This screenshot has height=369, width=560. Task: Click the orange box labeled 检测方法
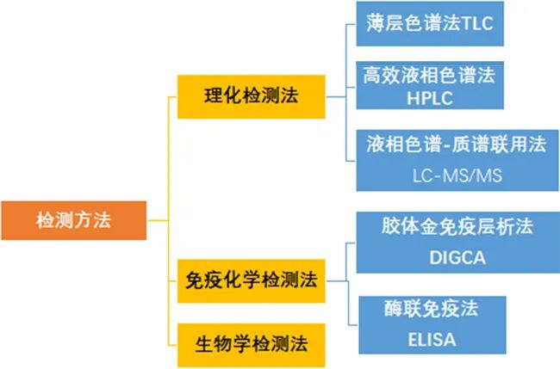72,220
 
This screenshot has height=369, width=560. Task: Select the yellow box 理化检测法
250,96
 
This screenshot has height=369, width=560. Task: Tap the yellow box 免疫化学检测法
250,280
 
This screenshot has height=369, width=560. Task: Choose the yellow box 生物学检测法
250,345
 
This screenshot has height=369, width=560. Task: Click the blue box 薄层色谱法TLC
429,23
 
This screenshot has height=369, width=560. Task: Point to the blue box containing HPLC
429,86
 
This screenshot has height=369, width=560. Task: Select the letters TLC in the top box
476,23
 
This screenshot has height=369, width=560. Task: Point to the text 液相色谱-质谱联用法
452,144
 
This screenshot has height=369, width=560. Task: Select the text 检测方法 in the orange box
72,220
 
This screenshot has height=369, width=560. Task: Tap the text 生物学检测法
250,345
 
